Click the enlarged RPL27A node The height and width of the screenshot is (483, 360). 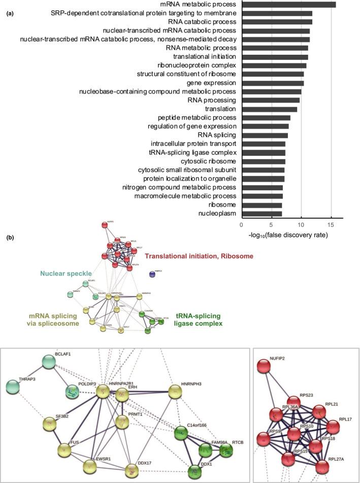(x=322, y=466)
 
